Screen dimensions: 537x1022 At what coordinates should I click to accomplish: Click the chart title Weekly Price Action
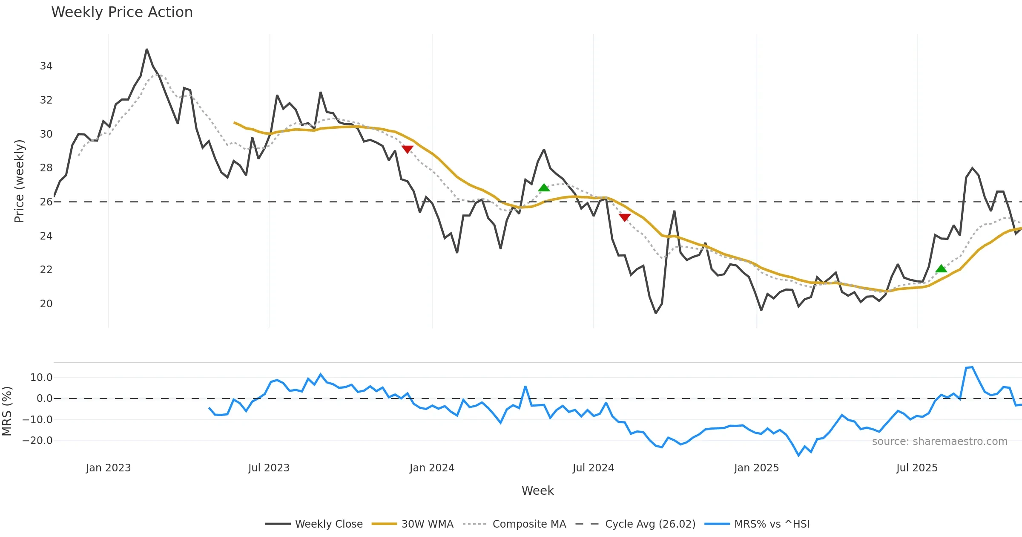click(122, 12)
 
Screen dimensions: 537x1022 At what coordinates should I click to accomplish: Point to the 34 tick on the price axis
click(46, 66)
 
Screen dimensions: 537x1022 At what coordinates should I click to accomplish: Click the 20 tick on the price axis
click(46, 304)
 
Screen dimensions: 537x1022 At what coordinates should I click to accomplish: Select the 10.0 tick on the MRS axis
click(41, 378)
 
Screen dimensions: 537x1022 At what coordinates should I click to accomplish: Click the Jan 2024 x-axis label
click(432, 468)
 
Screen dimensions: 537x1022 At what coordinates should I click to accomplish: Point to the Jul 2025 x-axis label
click(917, 468)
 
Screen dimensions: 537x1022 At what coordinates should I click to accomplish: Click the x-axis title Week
click(537, 491)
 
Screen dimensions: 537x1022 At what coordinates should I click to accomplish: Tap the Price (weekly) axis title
click(20, 181)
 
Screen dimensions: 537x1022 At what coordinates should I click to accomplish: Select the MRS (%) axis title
click(7, 411)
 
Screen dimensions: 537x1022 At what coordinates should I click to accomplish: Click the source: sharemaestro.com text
click(939, 442)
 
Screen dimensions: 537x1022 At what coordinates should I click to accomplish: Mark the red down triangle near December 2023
click(408, 149)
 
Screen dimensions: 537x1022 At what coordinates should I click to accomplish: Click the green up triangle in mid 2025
click(941, 268)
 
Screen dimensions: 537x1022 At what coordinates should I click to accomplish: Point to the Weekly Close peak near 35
click(147, 49)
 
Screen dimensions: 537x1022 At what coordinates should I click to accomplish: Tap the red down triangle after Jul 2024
click(624, 217)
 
